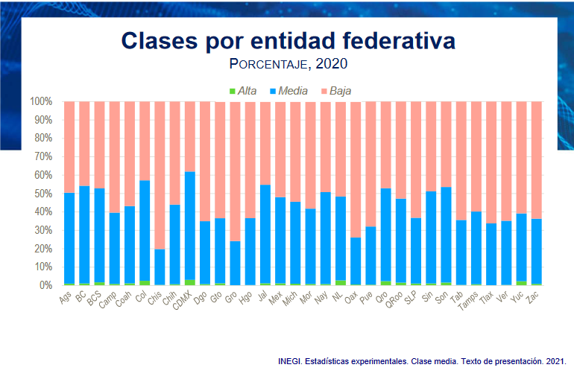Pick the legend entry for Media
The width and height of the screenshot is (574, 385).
[x=287, y=91]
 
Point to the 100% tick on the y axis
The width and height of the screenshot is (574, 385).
[x=41, y=101]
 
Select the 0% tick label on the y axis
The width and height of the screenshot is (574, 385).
[x=46, y=285]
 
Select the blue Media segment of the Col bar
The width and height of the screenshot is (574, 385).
[x=145, y=231]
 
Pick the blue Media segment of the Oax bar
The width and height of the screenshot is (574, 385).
[x=356, y=261]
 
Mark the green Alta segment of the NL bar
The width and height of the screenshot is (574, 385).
[x=341, y=283]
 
